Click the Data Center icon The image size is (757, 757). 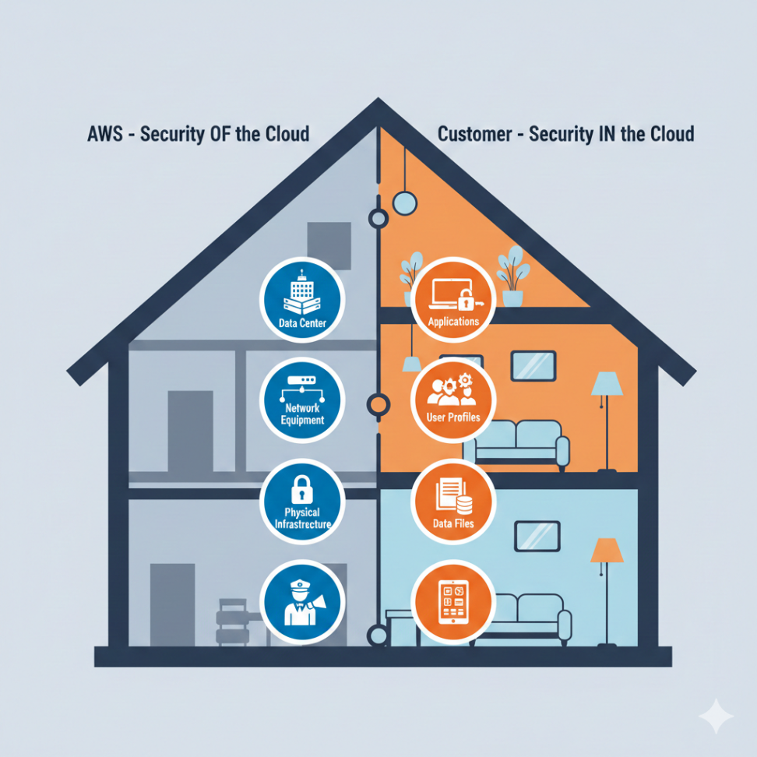pos(301,299)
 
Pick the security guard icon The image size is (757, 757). pos(302,600)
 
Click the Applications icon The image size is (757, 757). pos(453,299)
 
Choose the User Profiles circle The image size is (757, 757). pos(452,398)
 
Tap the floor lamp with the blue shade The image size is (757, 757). pos(607,413)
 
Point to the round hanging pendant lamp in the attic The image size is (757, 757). pos(405,202)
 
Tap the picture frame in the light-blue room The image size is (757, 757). pos(537,536)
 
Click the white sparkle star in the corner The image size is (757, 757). pos(715,716)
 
